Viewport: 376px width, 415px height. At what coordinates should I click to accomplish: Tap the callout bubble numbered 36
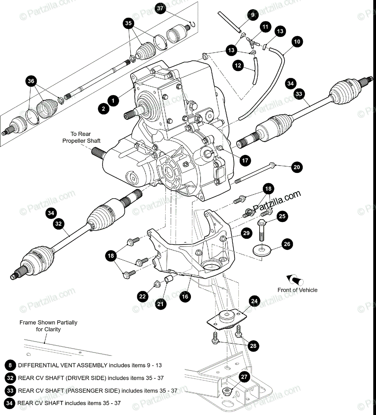[x=31, y=81]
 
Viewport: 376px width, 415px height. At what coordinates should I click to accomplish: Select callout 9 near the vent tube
[x=252, y=15]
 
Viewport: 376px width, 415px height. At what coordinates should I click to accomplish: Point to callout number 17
[x=245, y=160]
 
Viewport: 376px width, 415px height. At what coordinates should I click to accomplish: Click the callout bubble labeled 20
[x=297, y=167]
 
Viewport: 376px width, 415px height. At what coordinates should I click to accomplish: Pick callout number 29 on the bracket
[x=246, y=233]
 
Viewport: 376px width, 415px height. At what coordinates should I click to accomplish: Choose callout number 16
[x=185, y=296]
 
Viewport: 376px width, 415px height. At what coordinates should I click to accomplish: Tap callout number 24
[x=254, y=301]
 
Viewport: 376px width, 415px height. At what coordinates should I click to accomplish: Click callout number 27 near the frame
[x=245, y=377]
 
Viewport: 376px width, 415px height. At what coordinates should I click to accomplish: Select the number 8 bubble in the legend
[x=10, y=365]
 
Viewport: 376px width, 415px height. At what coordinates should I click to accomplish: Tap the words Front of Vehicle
[x=297, y=290]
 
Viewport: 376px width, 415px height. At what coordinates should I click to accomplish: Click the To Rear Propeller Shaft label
[x=81, y=137]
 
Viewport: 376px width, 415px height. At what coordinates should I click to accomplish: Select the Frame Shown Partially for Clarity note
[x=48, y=326]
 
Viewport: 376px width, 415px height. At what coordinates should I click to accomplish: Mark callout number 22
[x=143, y=296]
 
